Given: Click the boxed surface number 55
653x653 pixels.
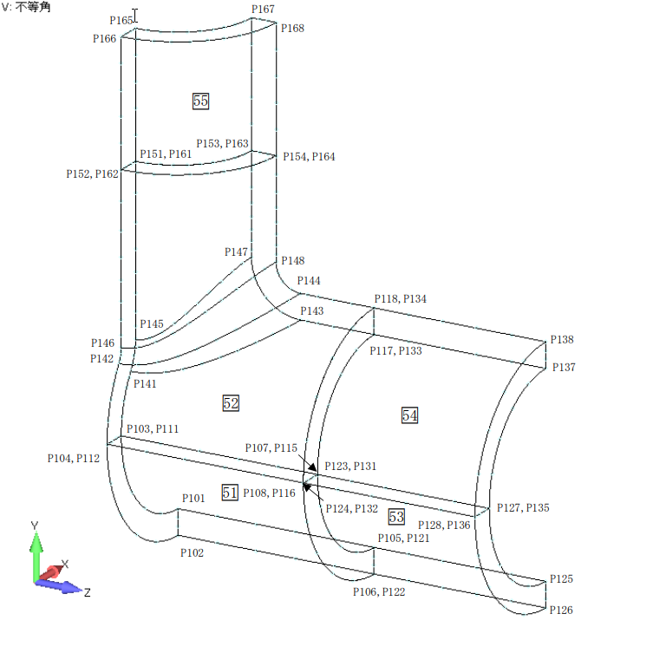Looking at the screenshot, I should click(x=200, y=101).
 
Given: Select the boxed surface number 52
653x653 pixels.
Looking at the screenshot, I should click(x=231, y=403).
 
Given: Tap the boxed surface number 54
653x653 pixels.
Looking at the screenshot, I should click(x=409, y=415).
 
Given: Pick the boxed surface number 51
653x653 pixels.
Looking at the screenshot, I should click(x=230, y=493).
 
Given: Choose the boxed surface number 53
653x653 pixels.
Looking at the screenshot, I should click(x=396, y=517).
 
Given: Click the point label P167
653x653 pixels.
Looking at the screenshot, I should click(x=263, y=10).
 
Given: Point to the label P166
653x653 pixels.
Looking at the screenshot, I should click(x=105, y=39).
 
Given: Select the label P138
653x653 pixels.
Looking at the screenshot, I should click(x=562, y=341).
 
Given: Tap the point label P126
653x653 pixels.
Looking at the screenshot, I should click(x=561, y=611).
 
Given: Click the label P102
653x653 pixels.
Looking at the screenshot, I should click(x=193, y=552).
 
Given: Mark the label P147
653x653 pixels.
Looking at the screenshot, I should click(x=236, y=252).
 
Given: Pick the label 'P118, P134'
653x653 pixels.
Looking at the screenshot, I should click(x=400, y=299).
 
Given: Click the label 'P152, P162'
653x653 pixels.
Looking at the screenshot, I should click(x=92, y=174).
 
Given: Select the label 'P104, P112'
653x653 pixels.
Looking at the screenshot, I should click(x=74, y=459).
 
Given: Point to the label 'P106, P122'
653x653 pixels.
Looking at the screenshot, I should click(x=379, y=592).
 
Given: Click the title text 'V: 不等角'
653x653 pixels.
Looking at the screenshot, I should click(x=26, y=7).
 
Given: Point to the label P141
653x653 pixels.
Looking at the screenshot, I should click(x=145, y=383).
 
